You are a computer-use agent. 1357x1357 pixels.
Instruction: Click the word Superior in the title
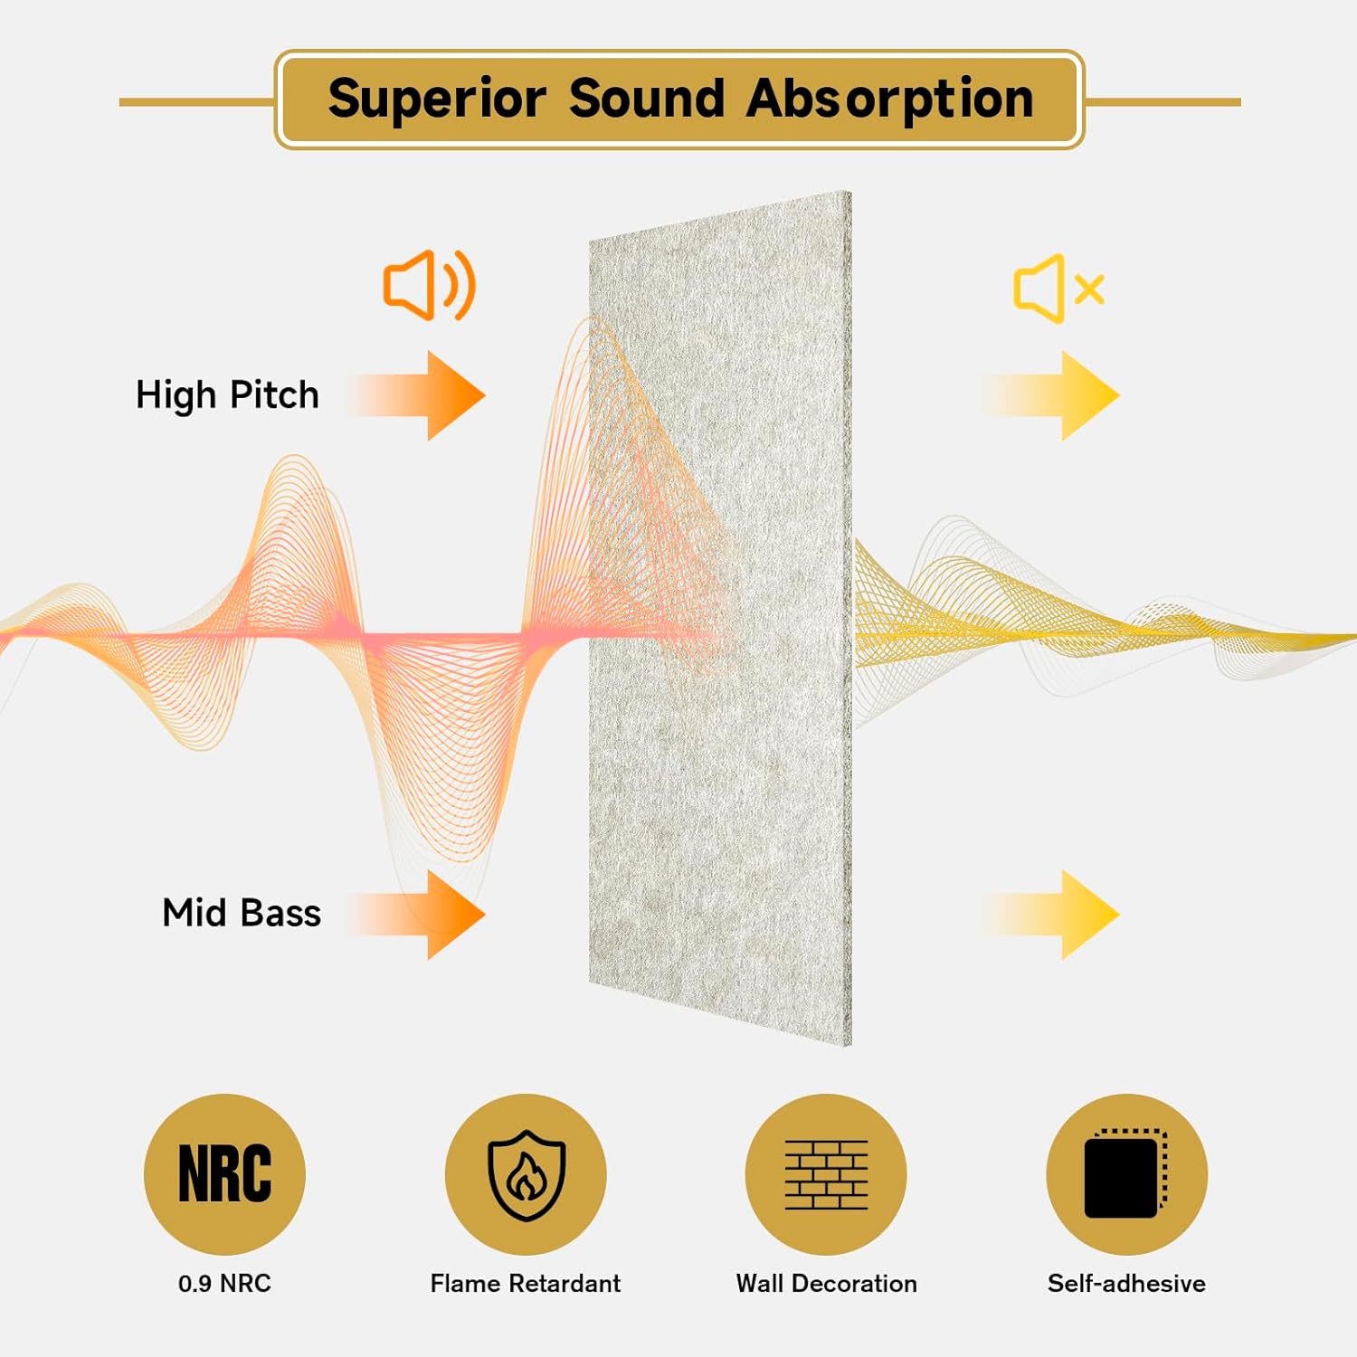437,99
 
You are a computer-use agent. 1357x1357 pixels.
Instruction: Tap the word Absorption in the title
890,99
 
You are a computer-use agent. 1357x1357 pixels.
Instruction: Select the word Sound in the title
647,99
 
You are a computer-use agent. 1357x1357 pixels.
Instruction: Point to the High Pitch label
227,395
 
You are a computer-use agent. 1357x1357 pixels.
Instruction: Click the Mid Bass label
242,913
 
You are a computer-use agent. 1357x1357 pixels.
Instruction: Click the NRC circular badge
224,1173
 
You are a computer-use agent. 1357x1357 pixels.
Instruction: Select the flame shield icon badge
526,1173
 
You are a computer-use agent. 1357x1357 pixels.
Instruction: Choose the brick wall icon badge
826,1173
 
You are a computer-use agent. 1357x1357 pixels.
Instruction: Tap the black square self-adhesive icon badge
1126,1173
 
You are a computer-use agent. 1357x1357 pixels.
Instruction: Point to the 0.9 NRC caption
224,1283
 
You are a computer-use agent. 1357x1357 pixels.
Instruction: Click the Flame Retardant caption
526,1283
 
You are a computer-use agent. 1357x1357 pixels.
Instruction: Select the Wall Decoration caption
826,1283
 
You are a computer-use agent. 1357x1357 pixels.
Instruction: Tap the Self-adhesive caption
1126,1283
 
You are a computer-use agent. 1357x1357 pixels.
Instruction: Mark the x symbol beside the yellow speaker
1089,289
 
